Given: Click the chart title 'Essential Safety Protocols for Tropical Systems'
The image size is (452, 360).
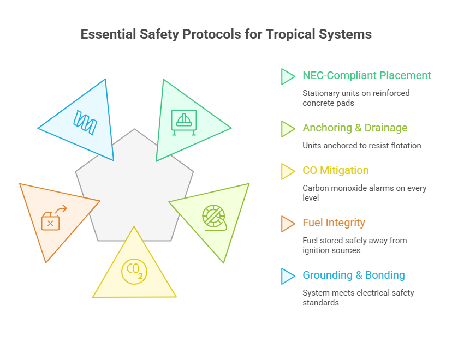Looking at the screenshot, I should point(226,34).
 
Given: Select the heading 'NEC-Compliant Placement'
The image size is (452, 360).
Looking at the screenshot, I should point(367,76).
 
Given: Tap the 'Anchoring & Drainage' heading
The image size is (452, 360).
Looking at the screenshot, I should point(355,128).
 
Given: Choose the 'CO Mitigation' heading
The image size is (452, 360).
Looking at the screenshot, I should point(336,171).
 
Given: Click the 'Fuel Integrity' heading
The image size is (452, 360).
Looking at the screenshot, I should point(334,223).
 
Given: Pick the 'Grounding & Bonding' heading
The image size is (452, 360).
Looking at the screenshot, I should point(354,275).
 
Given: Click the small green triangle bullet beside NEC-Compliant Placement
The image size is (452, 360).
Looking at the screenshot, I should point(287,76).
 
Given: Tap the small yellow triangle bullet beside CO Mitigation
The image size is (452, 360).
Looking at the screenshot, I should point(287,171).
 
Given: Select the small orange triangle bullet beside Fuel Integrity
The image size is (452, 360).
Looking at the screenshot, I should point(287,224).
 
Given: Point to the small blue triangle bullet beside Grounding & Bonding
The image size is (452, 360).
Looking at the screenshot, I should point(287,276).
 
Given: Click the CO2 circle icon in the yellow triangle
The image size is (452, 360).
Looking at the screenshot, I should point(134,271).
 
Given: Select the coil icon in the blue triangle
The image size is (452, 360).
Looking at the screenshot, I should point(85,122).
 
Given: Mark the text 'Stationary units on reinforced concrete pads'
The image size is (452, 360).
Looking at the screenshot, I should point(356,98).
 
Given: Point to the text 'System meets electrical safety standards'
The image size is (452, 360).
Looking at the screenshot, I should point(358,297).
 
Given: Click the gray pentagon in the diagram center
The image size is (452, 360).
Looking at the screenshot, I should point(134,185).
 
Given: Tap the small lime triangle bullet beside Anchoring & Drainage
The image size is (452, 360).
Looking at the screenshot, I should point(287,129).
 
